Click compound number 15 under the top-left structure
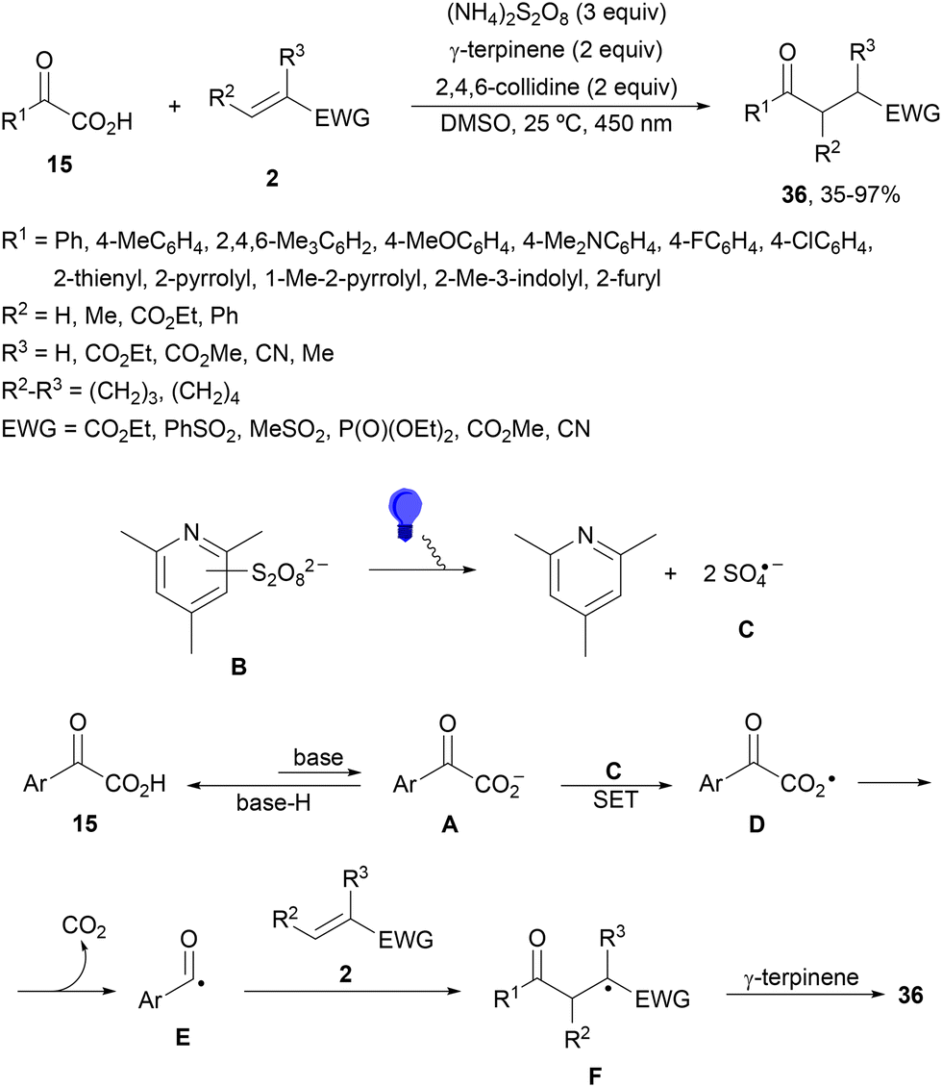pyautogui.click(x=61, y=164)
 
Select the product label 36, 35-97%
pyautogui.click(x=840, y=195)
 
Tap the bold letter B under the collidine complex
pyautogui.click(x=239, y=667)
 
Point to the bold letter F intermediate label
pyautogui.click(x=594, y=1075)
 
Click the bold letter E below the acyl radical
pyautogui.click(x=183, y=1037)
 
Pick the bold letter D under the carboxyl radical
pyautogui.click(x=756, y=824)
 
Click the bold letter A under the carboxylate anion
pyautogui.click(x=450, y=824)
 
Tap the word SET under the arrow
pyautogui.click(x=614, y=800)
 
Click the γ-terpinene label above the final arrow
pyautogui.click(x=801, y=977)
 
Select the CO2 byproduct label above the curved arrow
pyautogui.click(x=84, y=926)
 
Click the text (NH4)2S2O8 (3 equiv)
pyautogui.click(x=557, y=13)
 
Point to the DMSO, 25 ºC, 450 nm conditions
pyautogui.click(x=557, y=123)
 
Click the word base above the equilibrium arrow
pyautogui.click(x=318, y=757)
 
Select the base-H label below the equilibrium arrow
pyautogui.click(x=273, y=803)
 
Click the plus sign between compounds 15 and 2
pyautogui.click(x=175, y=106)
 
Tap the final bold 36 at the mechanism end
pyautogui.click(x=911, y=996)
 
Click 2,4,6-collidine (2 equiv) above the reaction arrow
pyautogui.click(x=557, y=87)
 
